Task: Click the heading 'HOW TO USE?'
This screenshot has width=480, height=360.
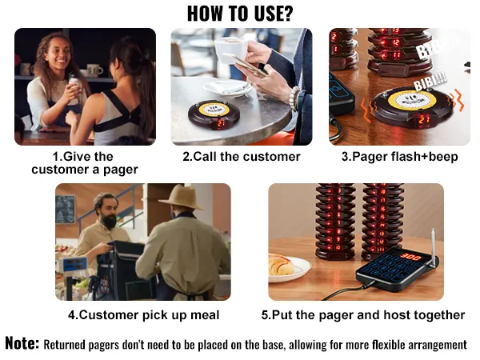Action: click(239, 13)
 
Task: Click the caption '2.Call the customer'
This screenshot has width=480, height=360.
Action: click(241, 157)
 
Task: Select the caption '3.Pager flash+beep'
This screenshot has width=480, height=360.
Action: click(399, 157)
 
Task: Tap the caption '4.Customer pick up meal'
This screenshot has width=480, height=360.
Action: click(143, 314)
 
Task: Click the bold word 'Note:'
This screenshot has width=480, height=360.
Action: click(22, 344)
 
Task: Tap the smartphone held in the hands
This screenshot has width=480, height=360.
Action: click(249, 66)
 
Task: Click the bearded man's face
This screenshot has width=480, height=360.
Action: click(106, 211)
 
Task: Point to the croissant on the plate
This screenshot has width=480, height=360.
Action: click(282, 264)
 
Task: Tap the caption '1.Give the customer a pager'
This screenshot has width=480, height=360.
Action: click(85, 163)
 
